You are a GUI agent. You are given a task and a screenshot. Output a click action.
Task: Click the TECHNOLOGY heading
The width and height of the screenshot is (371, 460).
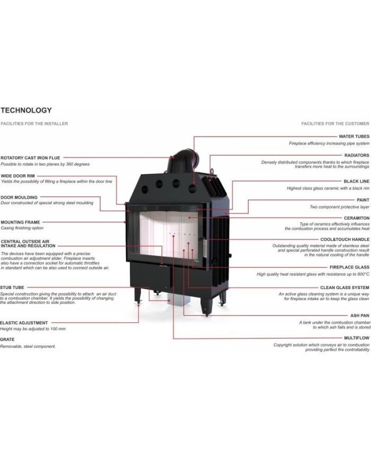tap(26, 110)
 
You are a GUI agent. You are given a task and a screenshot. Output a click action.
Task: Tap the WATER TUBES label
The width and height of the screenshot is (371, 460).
tap(354, 137)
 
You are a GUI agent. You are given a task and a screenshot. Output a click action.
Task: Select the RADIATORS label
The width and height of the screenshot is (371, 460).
tap(357, 155)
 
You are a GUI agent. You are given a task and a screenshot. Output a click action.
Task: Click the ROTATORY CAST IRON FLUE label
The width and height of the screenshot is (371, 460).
tap(30, 158)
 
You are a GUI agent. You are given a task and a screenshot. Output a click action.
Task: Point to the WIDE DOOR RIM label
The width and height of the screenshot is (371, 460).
tap(17, 176)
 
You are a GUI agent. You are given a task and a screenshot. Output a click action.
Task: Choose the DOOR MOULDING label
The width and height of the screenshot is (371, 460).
tap(19, 197)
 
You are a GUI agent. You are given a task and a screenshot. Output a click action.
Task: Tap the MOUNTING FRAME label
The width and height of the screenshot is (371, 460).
tap(20, 222)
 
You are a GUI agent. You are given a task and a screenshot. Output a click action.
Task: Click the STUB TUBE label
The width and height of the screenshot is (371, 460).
tap(12, 287)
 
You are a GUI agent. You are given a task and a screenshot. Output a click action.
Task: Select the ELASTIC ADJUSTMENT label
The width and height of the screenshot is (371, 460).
tap(24, 323)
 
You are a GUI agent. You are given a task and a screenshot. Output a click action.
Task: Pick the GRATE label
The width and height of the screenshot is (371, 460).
tap(7, 339)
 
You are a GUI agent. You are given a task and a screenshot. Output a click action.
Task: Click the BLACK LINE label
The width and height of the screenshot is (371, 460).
tap(356, 182)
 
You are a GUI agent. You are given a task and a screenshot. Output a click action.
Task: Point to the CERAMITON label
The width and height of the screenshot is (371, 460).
tap(357, 218)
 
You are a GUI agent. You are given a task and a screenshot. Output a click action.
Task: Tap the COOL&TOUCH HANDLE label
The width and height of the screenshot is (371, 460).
tap(345, 239)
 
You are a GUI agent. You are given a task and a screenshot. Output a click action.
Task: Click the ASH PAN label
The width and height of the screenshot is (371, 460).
tap(359, 315)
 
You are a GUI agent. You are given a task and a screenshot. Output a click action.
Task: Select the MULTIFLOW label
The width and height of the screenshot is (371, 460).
tap(357, 338)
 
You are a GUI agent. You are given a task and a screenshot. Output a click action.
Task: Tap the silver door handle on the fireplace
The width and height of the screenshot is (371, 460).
tap(205, 246)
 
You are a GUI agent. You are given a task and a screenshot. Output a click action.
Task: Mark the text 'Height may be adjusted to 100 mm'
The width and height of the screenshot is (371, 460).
tap(33, 329)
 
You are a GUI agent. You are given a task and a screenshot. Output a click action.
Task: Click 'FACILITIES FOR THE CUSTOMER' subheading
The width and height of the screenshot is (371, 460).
tap(335, 124)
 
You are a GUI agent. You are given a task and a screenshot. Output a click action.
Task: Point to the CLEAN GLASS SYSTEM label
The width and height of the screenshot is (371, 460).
tap(344, 287)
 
